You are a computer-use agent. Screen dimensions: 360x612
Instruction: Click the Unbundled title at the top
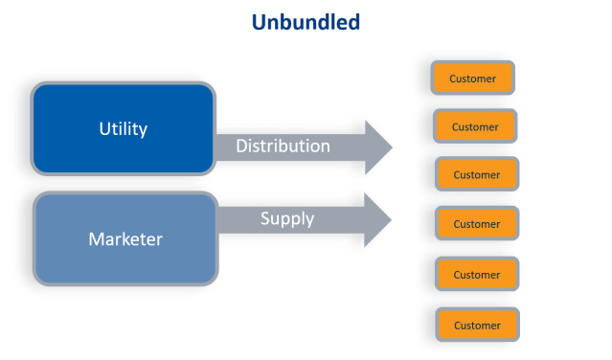[x=306, y=21]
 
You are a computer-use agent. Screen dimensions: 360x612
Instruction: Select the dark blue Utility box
[x=123, y=128]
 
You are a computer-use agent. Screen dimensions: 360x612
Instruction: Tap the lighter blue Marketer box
[x=123, y=237]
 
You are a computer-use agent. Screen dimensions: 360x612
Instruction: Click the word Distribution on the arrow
[x=283, y=146]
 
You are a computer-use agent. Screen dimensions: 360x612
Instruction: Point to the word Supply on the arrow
[x=287, y=218]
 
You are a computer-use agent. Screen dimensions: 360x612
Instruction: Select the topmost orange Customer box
[x=474, y=79]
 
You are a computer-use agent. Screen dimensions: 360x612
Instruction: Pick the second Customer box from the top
[x=475, y=126]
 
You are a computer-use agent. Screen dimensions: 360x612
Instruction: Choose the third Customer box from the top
[x=476, y=175]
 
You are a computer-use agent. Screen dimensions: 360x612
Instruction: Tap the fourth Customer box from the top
[x=476, y=224]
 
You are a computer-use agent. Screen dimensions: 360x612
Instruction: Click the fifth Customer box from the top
[x=476, y=275]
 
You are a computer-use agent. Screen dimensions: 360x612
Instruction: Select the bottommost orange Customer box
[x=476, y=326]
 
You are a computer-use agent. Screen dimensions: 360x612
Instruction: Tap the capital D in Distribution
[x=241, y=146]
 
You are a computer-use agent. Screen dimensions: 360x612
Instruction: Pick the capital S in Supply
[x=265, y=218]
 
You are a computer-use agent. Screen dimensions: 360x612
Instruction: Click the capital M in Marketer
[x=97, y=237]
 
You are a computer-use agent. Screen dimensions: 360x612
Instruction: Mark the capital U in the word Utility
[x=104, y=128]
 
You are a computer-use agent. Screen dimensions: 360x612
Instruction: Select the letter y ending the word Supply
[x=309, y=220]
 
